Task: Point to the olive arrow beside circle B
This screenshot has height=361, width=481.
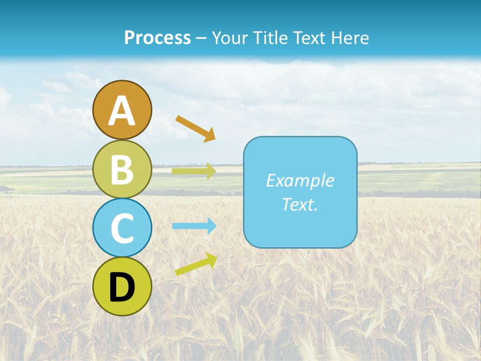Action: [x=194, y=171]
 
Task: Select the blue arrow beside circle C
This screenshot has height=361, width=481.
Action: [x=194, y=226]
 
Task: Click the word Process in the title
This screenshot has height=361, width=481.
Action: [x=157, y=38]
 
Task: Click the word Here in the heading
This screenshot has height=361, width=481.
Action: [x=350, y=38]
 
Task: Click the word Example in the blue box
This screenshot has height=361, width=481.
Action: [x=300, y=180]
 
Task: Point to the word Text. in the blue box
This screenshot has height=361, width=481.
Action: [x=300, y=204]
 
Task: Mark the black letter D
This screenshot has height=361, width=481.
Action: [x=122, y=287]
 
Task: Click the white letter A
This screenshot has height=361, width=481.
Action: [x=122, y=111]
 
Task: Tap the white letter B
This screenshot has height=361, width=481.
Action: [x=122, y=169]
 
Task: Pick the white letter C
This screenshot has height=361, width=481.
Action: [x=122, y=228]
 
